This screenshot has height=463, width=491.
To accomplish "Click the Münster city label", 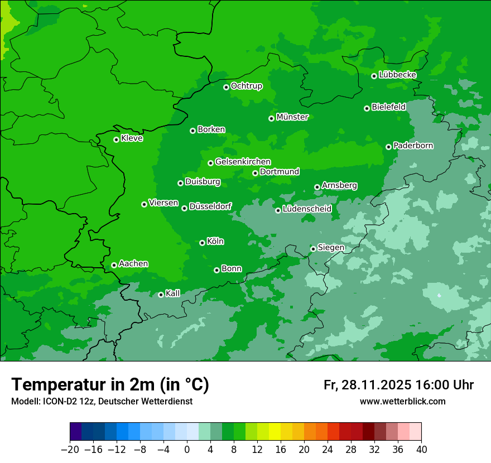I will (292, 117).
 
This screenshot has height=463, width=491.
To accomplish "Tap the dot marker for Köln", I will (202, 243).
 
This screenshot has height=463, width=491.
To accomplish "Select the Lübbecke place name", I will (397, 75).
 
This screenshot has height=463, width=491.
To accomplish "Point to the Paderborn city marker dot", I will (388, 147).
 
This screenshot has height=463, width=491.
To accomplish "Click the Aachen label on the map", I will (133, 264).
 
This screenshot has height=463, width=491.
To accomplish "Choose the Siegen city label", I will (331, 248).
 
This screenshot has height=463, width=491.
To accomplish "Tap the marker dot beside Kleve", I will (116, 139).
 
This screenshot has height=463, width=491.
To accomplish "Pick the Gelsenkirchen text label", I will (243, 162).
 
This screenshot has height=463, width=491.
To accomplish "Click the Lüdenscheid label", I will (307, 209).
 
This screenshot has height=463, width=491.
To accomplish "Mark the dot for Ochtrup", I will (226, 87).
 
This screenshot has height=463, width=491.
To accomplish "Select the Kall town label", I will (173, 293).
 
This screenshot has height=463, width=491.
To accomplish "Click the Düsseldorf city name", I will (210, 207).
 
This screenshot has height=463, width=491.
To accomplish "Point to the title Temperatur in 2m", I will (110, 384).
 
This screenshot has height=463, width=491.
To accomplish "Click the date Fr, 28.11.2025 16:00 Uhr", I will (398, 385).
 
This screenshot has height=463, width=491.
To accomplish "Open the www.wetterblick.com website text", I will (402, 402).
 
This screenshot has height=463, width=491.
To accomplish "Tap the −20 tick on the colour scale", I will (70, 450).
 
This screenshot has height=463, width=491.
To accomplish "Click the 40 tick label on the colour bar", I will (421, 450).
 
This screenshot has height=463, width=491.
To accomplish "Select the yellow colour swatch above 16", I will (275, 432).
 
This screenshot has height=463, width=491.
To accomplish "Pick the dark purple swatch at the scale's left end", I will (76, 432).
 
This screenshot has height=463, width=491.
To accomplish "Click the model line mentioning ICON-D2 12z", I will (102, 402).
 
